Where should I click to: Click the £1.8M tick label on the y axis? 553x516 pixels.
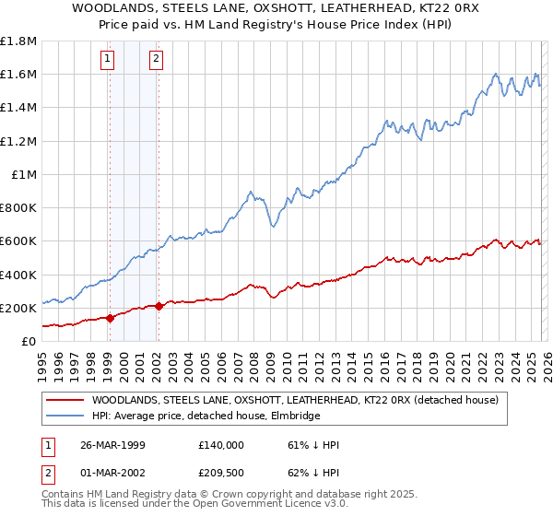(18, 41)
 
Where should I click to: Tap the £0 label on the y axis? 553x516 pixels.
(29, 341)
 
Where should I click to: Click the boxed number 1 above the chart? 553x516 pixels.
(109, 60)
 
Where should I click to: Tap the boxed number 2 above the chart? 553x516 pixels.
(156, 60)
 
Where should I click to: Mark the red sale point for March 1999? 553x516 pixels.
(111, 318)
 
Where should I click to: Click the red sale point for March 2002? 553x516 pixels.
(159, 306)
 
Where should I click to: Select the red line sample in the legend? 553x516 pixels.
(65, 400)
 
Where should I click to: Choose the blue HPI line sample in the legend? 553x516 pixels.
(65, 416)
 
